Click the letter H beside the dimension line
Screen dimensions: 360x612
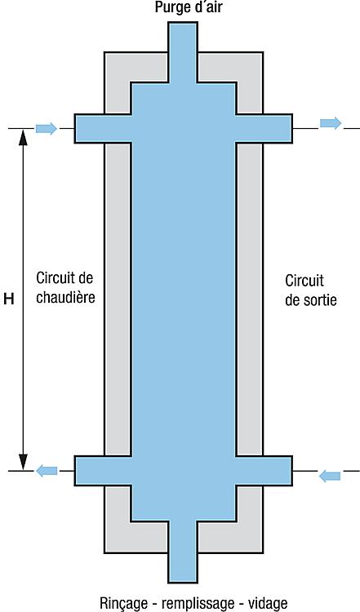(x=9, y=299)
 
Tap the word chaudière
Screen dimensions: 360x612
(x=65, y=297)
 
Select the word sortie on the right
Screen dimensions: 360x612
(x=318, y=299)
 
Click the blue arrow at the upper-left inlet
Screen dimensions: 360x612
(x=47, y=128)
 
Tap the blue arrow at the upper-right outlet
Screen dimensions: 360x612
(x=331, y=123)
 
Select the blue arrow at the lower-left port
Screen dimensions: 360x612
(x=47, y=471)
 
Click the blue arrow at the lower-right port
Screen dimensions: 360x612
(x=330, y=477)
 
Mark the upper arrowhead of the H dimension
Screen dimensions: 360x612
(x=23, y=138)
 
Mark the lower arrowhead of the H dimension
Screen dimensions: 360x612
(x=23, y=463)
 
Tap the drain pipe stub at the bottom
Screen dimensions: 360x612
(x=183, y=552)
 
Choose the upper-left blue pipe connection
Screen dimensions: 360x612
(x=103, y=128)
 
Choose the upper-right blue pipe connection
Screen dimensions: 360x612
(x=264, y=128)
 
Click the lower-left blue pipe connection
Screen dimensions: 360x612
(x=103, y=471)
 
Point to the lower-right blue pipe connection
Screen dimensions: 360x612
(x=264, y=471)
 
